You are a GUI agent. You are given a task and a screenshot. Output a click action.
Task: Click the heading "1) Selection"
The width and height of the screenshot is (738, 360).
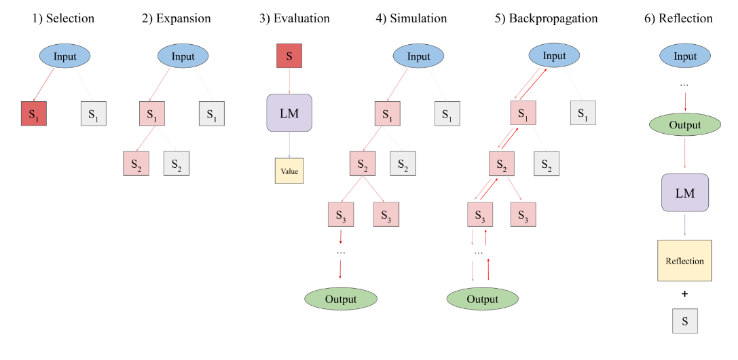[64, 18]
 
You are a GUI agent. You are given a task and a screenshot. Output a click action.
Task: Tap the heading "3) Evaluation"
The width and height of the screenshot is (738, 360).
[295, 18]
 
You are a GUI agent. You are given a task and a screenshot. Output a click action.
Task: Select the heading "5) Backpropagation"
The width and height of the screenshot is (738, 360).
[546, 18]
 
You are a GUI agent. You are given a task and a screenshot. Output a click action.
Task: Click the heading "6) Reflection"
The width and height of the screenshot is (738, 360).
[678, 18]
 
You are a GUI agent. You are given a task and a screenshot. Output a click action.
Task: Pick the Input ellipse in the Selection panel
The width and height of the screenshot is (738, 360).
[65, 56]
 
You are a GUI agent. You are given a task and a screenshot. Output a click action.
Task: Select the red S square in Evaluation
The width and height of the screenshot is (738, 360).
[289, 56]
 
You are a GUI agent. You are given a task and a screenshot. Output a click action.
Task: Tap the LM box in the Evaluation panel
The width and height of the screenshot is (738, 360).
[289, 113]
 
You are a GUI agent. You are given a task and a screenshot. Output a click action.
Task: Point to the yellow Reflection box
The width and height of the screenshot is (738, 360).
[684, 261]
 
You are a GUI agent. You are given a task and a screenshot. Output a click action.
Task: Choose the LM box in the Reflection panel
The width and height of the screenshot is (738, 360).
[685, 193]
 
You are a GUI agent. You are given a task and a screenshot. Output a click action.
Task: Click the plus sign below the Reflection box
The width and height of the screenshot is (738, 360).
[684, 294]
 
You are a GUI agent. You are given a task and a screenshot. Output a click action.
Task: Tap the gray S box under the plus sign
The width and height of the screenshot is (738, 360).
[685, 321]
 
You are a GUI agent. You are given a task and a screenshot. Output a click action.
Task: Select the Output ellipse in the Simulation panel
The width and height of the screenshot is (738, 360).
[340, 299]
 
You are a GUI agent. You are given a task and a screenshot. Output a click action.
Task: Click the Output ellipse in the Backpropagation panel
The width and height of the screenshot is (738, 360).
[482, 299]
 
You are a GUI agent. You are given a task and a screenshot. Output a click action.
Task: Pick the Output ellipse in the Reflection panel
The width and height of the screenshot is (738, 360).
[684, 126]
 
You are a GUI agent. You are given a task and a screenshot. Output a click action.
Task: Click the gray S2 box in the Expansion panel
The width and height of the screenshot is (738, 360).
[177, 163]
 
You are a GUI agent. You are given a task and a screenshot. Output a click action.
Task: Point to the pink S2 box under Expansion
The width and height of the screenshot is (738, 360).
[136, 163]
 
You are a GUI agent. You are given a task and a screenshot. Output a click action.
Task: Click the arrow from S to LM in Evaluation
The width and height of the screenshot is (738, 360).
[289, 81]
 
